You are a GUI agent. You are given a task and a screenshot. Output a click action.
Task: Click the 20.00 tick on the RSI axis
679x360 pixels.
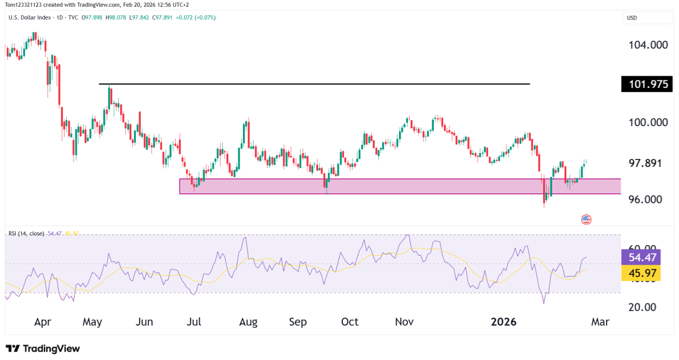point(642,307)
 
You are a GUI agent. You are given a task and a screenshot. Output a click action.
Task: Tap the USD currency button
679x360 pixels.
point(648,18)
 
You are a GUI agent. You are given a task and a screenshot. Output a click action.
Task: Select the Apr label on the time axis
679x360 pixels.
point(43,322)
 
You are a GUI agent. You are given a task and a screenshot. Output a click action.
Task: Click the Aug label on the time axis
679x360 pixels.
point(248,322)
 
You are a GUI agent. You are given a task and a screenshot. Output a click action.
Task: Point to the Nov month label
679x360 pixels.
point(404,322)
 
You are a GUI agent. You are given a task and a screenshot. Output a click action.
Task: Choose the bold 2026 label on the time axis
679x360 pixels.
point(503,322)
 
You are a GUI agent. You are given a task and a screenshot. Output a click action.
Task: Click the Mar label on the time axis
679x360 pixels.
point(600,322)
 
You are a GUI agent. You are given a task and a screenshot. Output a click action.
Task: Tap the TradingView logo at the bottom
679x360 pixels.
point(43,348)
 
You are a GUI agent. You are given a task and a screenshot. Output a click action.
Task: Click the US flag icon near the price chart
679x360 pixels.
point(586,219)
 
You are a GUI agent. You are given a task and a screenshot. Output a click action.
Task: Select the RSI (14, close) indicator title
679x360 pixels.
point(26,233)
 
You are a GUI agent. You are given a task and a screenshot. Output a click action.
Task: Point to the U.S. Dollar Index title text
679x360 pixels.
point(30,17)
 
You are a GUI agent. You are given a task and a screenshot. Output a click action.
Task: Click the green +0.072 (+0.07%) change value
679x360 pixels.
point(196,17)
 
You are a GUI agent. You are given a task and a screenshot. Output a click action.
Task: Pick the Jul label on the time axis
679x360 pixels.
point(194,322)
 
